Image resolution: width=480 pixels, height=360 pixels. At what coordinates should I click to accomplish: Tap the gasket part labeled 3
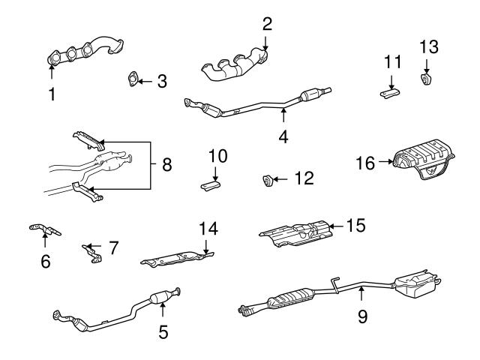click(x=133, y=79)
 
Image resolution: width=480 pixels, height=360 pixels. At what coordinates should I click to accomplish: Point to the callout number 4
click(x=284, y=136)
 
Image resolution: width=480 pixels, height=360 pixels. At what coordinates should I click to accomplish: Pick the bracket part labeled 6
click(x=45, y=229)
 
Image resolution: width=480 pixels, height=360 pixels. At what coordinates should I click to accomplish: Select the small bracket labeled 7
click(x=92, y=254)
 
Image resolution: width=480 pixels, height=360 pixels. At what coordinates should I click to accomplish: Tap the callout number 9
click(x=362, y=316)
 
